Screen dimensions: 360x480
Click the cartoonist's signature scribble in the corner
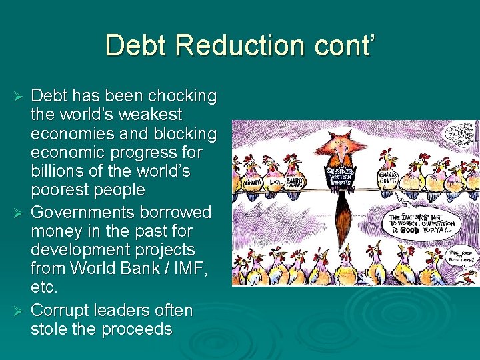click(x=461, y=132)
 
